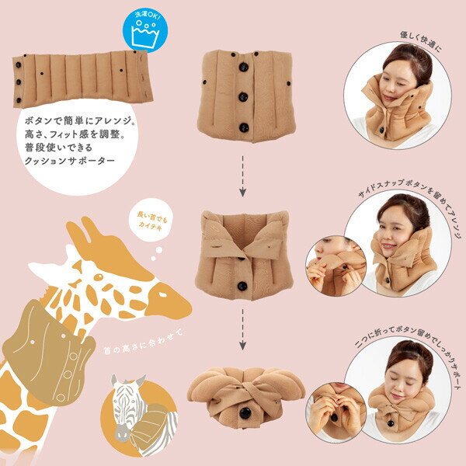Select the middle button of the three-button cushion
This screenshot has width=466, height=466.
coord(242,97)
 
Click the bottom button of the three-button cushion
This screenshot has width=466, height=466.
coord(242,127)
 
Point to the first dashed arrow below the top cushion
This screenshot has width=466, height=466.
coord(242,176)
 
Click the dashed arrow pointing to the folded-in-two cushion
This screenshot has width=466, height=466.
coord(242,325)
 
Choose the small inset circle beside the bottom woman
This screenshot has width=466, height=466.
coord(336,409)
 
